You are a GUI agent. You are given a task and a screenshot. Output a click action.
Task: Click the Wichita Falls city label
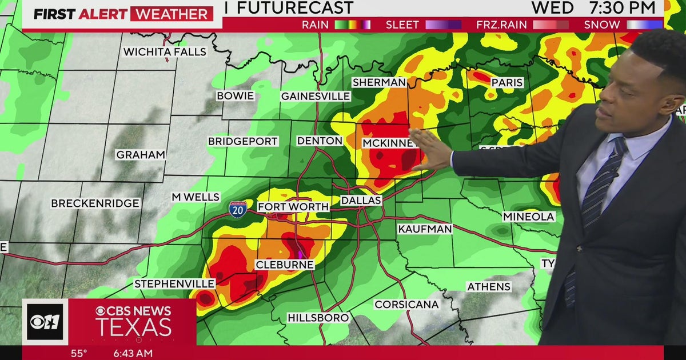(x=165, y=52)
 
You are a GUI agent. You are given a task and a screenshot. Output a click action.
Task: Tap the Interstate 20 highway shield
(x=238, y=208)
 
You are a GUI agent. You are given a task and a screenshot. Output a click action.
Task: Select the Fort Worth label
(x=293, y=207)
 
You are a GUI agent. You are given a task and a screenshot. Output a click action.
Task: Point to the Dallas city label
(x=361, y=201)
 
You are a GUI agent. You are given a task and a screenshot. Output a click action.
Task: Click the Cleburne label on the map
(x=284, y=265)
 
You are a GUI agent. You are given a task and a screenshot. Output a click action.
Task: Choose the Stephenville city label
(x=174, y=284)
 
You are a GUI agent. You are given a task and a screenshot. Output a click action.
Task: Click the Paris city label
(x=507, y=83)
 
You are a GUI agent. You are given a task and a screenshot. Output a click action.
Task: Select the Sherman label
(x=378, y=82)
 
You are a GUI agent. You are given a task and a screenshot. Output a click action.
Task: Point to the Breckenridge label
(x=95, y=203)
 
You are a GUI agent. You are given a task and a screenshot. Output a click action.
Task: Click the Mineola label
(x=529, y=217)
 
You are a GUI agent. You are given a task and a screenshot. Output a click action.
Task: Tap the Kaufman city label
(x=425, y=229)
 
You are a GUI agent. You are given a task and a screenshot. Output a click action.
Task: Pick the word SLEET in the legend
(x=402, y=25)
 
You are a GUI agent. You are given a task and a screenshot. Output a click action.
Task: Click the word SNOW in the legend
(x=601, y=25)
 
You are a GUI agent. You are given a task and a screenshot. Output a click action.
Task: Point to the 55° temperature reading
(x=79, y=353)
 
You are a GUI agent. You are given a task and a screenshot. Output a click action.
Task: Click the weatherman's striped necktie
(x=595, y=194)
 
